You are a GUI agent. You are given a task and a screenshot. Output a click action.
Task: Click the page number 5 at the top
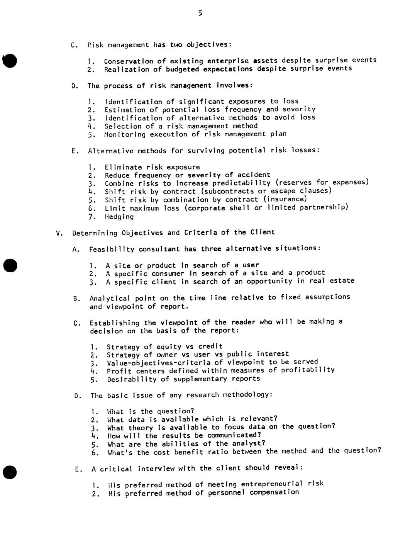[200, 13]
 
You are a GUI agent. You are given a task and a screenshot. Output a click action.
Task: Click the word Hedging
[119, 217]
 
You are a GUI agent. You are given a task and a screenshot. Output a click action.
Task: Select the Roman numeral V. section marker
[59, 233]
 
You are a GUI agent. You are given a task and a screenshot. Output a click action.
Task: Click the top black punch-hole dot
[10, 61]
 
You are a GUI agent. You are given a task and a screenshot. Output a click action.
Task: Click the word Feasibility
[112, 249]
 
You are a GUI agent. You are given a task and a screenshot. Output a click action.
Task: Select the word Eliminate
[123, 167]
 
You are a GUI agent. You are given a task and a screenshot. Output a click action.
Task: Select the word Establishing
[114, 323]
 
